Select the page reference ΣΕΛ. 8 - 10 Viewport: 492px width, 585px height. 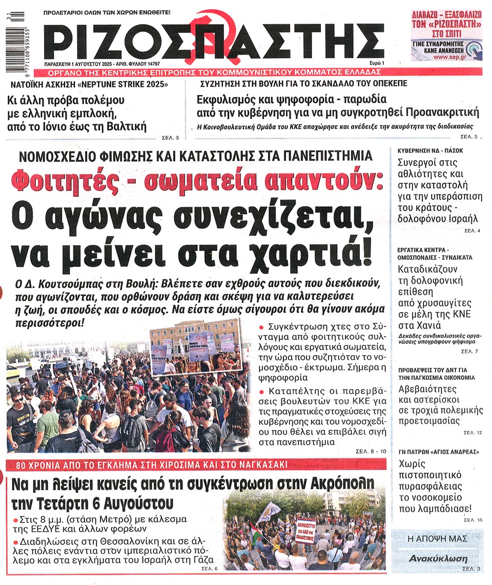(371, 451)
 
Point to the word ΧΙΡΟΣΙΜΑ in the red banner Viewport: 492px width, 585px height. (176, 465)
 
